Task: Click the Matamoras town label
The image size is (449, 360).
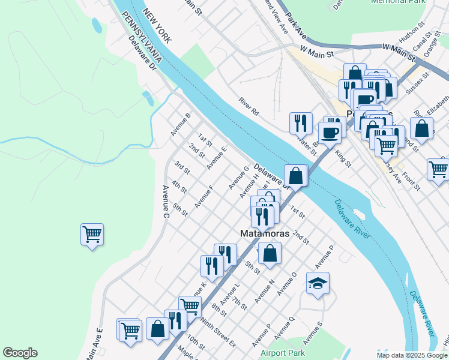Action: [x=265, y=233]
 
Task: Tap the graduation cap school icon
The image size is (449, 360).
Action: [x=318, y=283]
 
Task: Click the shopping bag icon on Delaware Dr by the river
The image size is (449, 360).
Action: [x=295, y=176]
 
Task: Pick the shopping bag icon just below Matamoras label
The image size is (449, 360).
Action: [x=270, y=253]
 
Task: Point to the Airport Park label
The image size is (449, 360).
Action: [x=283, y=353]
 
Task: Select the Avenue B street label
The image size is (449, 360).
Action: [x=180, y=124]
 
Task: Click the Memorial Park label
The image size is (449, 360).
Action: [x=398, y=2]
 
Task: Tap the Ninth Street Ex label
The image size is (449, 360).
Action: [x=218, y=334]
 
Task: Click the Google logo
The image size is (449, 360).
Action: [x=20, y=353]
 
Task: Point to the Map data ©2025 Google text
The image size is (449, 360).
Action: [x=412, y=355]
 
